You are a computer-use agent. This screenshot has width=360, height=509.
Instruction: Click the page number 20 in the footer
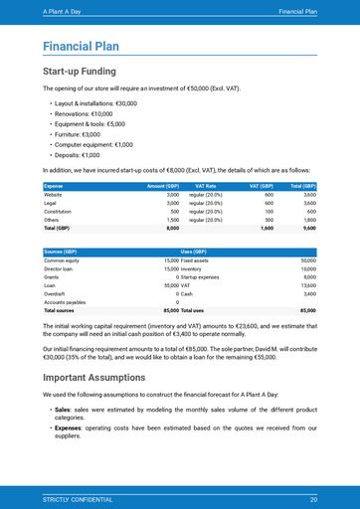tap(313, 498)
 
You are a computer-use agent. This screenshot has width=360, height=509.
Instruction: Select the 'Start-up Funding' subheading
tap(80, 72)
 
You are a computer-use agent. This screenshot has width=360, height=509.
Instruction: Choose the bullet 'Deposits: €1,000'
tap(78, 155)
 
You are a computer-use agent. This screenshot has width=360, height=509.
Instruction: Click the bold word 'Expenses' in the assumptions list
tap(68, 427)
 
